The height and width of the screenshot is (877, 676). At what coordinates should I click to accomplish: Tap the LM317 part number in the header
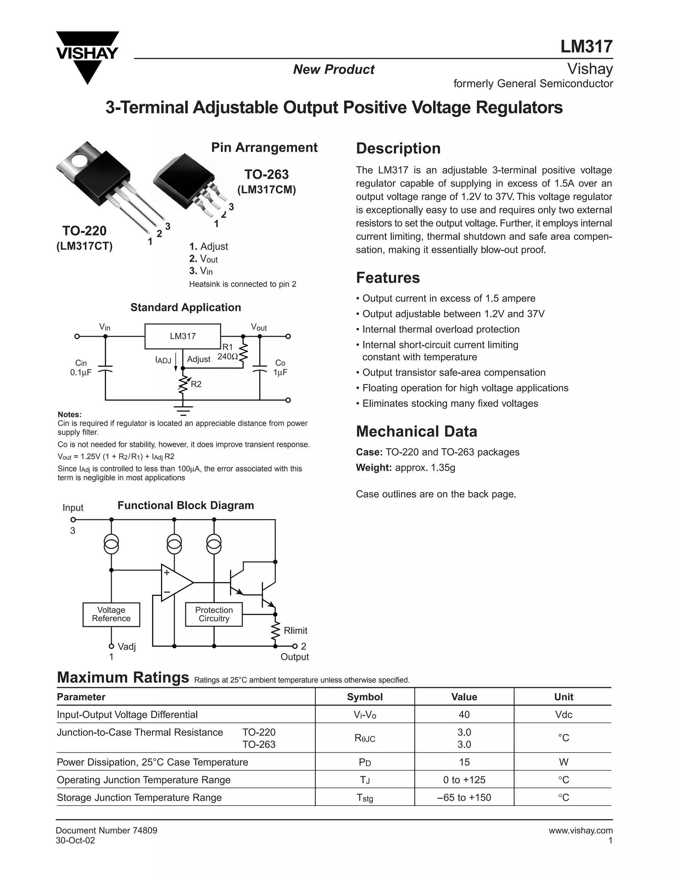[586, 47]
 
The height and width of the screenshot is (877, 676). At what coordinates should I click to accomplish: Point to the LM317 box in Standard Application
[183, 336]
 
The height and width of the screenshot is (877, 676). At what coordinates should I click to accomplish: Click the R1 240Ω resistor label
[227, 352]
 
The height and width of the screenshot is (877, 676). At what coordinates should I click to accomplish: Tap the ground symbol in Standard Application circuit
[183, 410]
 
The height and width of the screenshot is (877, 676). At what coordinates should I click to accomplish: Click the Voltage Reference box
[111, 614]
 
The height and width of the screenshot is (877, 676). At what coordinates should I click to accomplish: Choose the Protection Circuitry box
[214, 614]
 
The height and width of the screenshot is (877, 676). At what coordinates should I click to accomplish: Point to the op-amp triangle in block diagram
[175, 583]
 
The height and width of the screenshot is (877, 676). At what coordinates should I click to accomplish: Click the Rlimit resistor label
[295, 630]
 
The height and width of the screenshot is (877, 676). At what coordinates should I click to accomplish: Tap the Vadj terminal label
[126, 646]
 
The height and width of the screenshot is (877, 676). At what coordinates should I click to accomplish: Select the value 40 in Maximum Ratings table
[464, 714]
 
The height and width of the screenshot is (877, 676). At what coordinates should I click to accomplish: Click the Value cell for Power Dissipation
[464, 762]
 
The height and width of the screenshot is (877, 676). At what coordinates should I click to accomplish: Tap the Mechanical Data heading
[417, 431]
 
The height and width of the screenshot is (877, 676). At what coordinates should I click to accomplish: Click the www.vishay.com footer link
[581, 830]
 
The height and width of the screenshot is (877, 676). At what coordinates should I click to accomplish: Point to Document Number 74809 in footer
[106, 830]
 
